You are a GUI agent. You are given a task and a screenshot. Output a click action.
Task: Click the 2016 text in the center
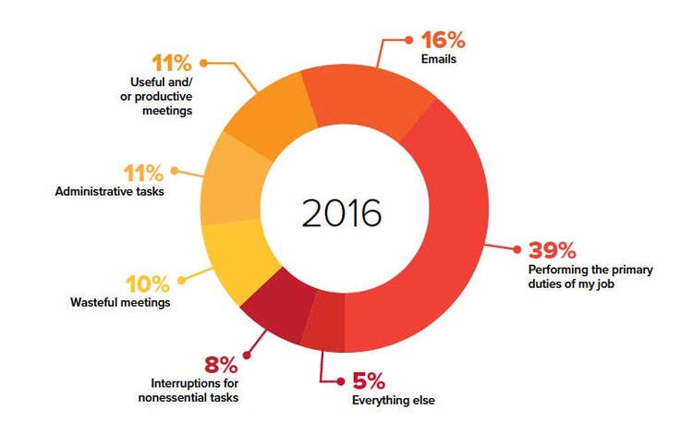tap(341, 213)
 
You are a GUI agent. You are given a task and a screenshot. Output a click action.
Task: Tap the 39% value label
tap(552, 251)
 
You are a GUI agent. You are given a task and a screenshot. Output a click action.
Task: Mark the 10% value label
tap(149, 282)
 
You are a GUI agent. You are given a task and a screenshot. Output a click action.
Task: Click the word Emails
tap(440, 60)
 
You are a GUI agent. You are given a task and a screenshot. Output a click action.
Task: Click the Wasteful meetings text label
tap(120, 302)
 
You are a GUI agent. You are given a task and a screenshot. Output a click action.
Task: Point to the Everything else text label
tap(393, 401)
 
